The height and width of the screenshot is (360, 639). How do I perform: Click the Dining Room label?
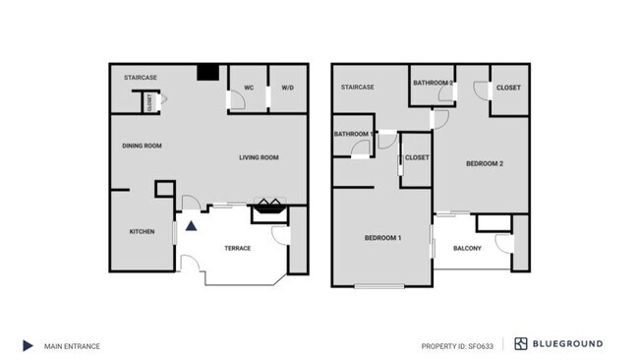[142, 146]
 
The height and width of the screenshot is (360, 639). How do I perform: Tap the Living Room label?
[260, 157]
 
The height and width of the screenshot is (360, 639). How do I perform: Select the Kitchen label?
[143, 232]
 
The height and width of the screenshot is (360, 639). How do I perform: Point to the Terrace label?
[237, 248]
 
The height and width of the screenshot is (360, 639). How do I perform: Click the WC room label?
[249, 89]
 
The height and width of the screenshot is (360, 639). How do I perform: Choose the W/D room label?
[287, 89]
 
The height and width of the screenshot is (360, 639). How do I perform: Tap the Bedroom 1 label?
[382, 238]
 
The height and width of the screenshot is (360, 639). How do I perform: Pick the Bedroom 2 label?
[484, 163]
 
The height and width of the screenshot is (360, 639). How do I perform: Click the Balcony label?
[467, 248]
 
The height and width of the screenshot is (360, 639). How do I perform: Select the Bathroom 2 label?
[433, 83]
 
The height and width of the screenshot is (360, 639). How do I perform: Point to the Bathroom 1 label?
[353, 134]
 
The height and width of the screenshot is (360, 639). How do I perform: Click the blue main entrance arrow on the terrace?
[192, 225]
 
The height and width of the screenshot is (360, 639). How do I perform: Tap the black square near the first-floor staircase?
[207, 72]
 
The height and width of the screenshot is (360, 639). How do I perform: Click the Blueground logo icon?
[521, 344]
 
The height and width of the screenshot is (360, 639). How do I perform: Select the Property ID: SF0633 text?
[457, 345]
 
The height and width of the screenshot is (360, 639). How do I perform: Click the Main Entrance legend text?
[72, 345]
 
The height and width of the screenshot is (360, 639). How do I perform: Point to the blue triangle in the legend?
[29, 345]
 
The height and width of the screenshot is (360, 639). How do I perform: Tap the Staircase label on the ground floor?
[141, 77]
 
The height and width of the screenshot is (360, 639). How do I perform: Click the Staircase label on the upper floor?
[357, 88]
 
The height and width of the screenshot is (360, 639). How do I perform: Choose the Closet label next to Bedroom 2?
[508, 88]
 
